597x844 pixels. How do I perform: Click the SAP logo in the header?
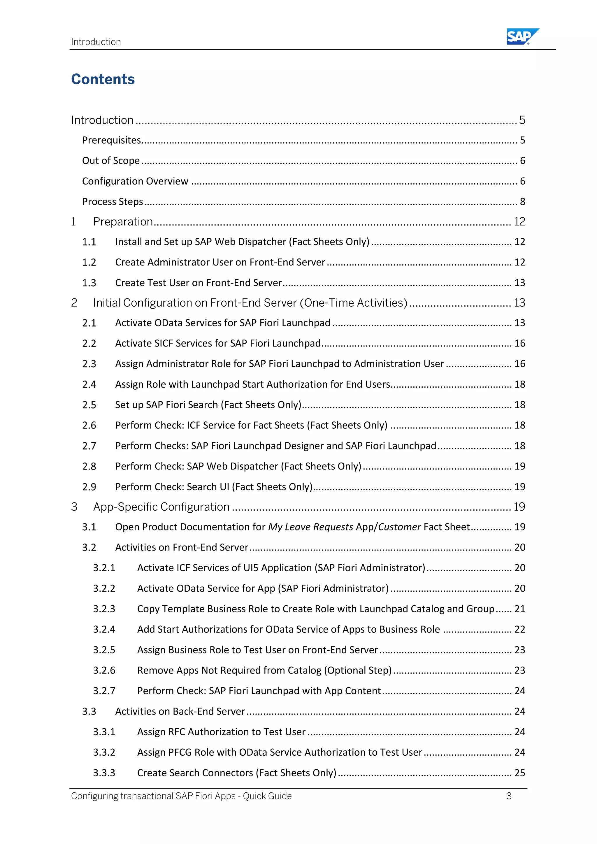coord(522,36)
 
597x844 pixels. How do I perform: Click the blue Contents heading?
coord(103,79)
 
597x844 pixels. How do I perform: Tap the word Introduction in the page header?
coord(96,42)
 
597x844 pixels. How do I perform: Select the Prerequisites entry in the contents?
coord(111,140)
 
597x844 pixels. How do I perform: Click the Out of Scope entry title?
coord(111,161)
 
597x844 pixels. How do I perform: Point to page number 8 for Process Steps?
coord(522,201)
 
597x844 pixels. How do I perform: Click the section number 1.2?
coord(89,263)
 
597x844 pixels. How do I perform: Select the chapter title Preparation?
coord(123,222)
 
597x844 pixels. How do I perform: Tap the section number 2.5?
coord(89,405)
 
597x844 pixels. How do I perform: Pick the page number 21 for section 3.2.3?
coord(519,609)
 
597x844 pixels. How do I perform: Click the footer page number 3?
coord(509,796)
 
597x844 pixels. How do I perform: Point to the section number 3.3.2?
coord(104,752)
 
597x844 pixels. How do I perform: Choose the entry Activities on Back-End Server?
coord(180,711)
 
